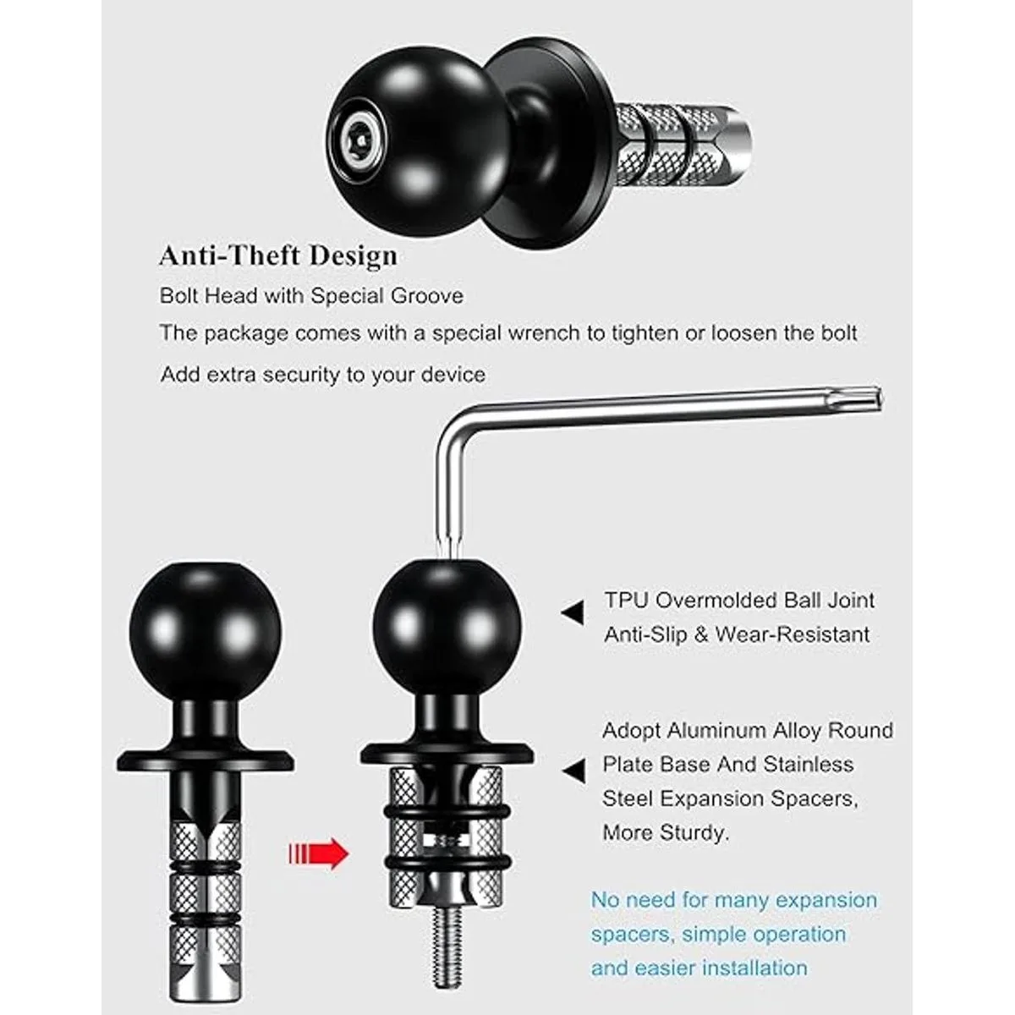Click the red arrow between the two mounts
[319, 853]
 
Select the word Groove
[426, 295]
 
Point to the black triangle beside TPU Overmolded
[573, 612]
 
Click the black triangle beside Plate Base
[574, 771]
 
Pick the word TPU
[626, 600]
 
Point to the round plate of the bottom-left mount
[206, 760]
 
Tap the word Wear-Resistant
[792, 634]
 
